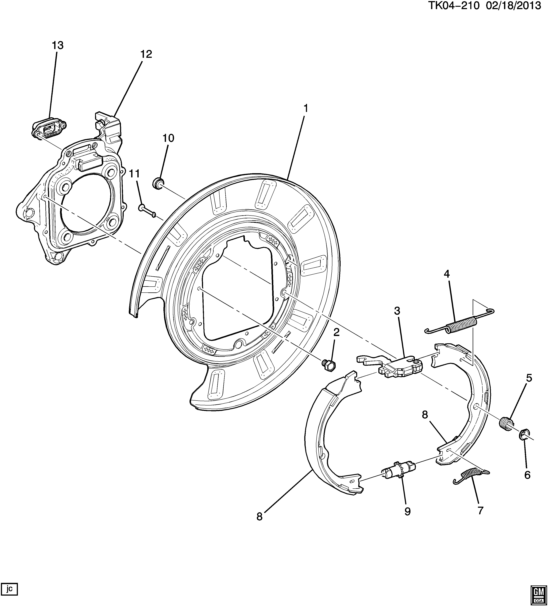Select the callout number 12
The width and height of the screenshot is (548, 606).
146,54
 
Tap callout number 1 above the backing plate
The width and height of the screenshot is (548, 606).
306,108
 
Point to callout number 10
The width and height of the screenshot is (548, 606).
168,138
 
